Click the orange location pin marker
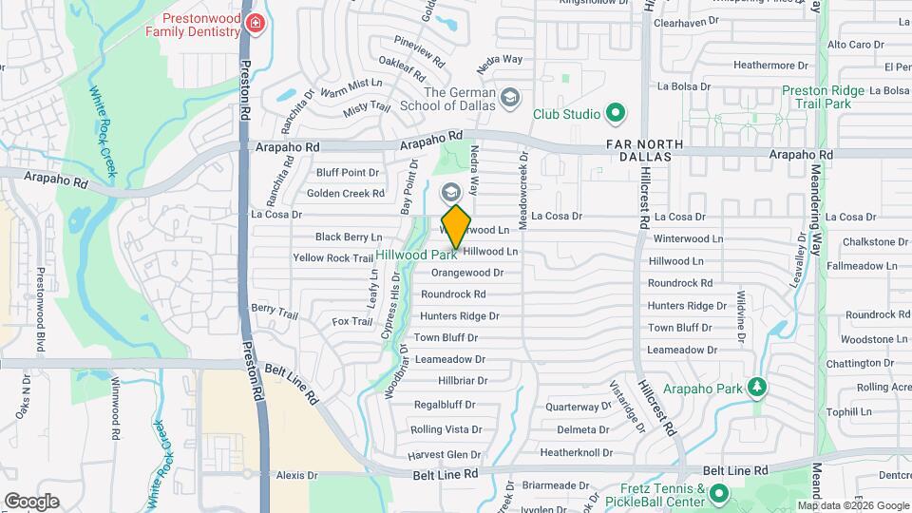pyautogui.click(x=456, y=226)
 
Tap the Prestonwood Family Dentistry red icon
pyautogui.click(x=255, y=24)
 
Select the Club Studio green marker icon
pyautogui.click(x=616, y=115)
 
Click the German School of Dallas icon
pyautogui.click(x=511, y=99)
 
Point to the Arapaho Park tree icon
pyautogui.click(x=757, y=386)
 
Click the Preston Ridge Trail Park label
pyautogui.click(x=823, y=98)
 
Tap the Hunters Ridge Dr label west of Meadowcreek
pyautogui.click(x=460, y=315)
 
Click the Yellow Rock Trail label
pyautogui.click(x=332, y=258)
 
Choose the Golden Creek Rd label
pyautogui.click(x=346, y=194)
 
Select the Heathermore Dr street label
pyautogui.click(x=770, y=66)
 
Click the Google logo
pyautogui.click(x=31, y=501)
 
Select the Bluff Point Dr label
pyautogui.click(x=348, y=173)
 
